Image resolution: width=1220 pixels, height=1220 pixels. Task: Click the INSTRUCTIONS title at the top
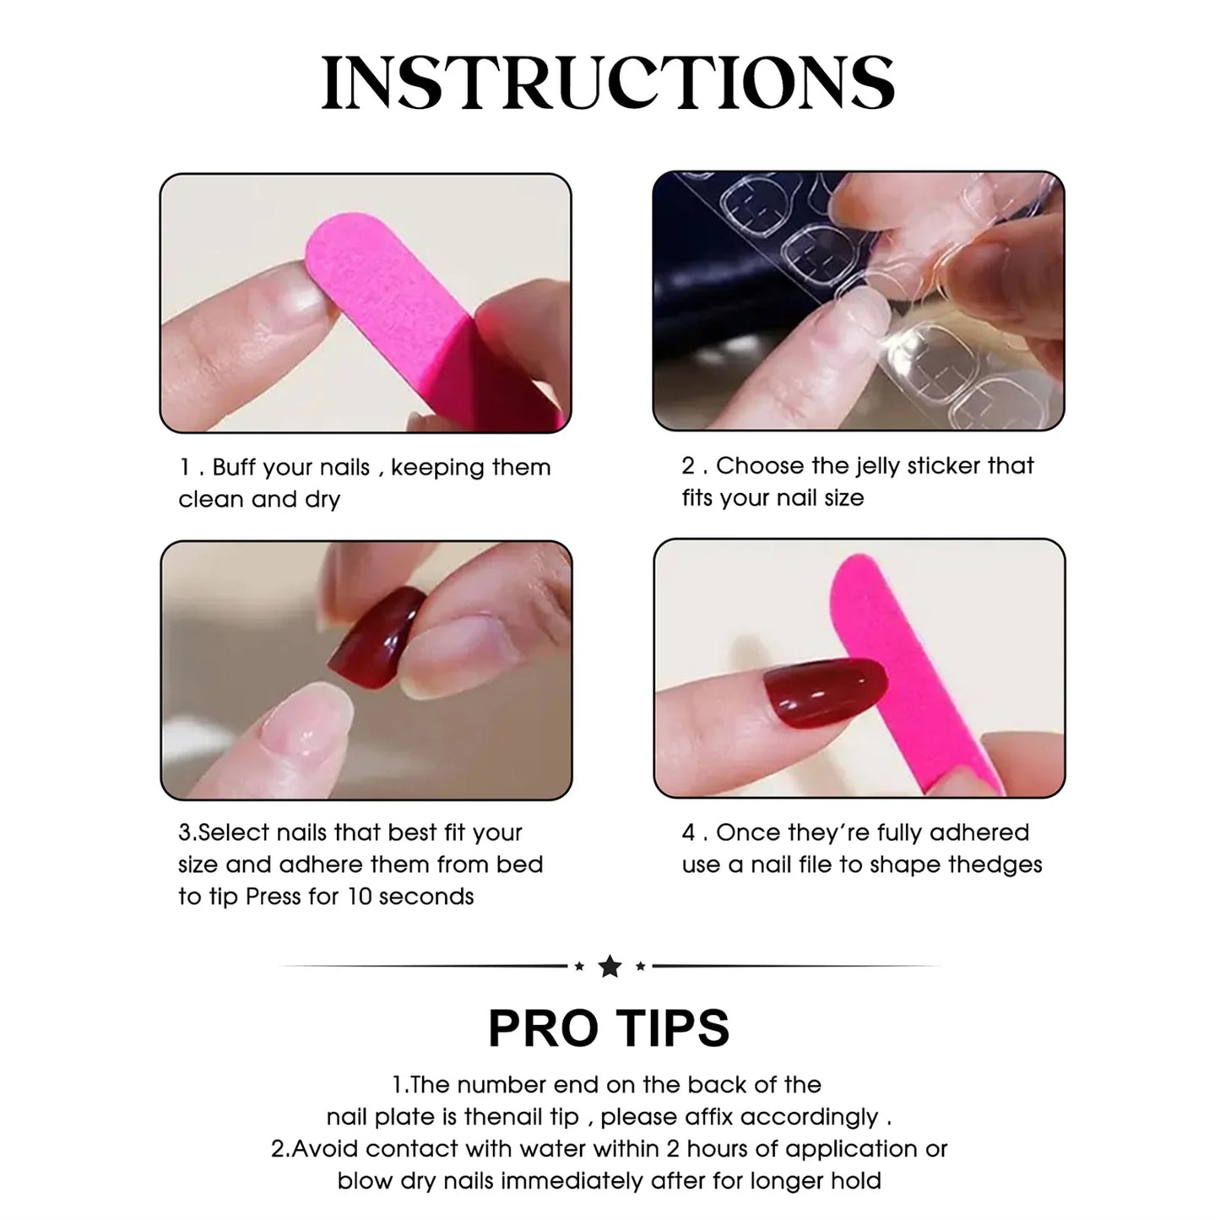click(x=608, y=83)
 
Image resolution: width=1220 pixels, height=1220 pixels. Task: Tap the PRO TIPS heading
click(x=609, y=1028)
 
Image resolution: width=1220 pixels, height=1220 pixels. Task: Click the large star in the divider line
click(x=610, y=966)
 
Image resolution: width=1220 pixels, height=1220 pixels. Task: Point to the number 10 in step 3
click(x=359, y=896)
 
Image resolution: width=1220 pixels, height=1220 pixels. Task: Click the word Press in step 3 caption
click(x=274, y=896)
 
